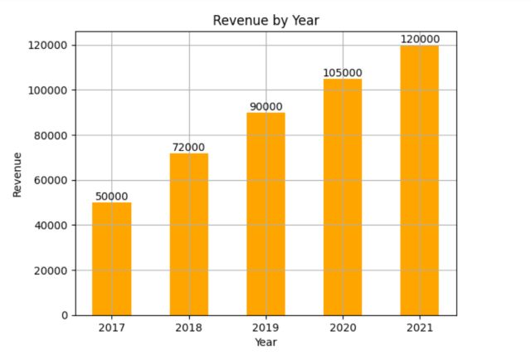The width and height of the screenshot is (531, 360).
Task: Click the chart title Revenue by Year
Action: click(265, 20)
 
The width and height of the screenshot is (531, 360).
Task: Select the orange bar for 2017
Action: click(111, 259)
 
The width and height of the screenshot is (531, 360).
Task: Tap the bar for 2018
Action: click(188, 234)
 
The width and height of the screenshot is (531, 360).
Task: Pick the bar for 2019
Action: click(265, 214)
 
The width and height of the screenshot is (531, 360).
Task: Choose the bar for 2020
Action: click(343, 197)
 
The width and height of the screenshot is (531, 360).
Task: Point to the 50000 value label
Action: click(111, 197)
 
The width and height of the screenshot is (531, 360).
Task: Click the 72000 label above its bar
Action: click(188, 148)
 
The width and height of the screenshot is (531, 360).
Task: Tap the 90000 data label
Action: click(265, 107)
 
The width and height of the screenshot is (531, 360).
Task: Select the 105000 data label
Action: click(343, 73)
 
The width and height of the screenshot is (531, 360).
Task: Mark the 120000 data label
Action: click(420, 39)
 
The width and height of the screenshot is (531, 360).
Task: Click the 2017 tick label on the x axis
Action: click(111, 328)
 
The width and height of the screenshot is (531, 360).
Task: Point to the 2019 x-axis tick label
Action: click(265, 328)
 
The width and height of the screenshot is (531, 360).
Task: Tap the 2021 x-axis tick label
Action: click(420, 328)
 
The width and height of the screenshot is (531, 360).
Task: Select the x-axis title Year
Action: click(265, 342)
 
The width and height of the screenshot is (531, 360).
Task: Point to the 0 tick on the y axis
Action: click(64, 315)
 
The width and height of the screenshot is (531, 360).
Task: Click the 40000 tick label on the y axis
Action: click(51, 226)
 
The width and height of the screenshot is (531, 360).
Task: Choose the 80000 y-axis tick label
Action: click(51, 135)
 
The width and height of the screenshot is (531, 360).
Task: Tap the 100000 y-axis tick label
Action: click(49, 90)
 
